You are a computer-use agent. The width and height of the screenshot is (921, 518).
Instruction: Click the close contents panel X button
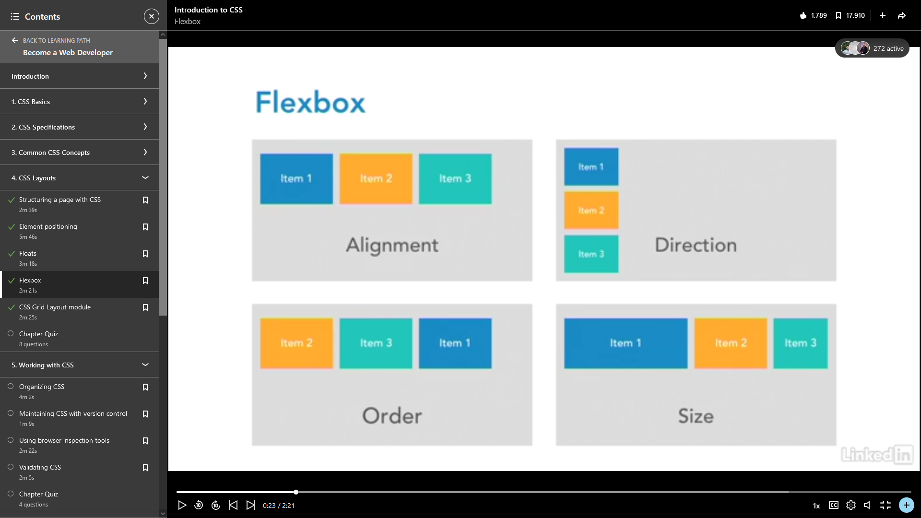pyautogui.click(x=151, y=16)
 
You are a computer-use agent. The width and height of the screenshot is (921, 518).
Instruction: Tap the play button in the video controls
pyautogui.click(x=182, y=505)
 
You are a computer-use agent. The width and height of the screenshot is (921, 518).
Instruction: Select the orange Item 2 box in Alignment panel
pyautogui.click(x=376, y=179)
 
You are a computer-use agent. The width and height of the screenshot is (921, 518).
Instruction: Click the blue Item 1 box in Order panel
pyautogui.click(x=455, y=343)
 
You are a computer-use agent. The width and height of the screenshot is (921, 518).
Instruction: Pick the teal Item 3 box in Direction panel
pyautogui.click(x=591, y=254)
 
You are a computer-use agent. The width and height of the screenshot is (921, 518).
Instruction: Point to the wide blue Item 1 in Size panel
pyautogui.click(x=626, y=343)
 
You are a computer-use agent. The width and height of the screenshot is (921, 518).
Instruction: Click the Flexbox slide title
pyautogui.click(x=310, y=102)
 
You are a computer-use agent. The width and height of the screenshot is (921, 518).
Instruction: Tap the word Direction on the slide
pyautogui.click(x=696, y=245)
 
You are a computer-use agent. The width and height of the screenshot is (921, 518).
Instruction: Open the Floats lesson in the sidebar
pyautogui.click(x=28, y=253)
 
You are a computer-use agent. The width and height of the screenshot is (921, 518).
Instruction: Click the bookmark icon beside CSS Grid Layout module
pyautogui.click(x=145, y=307)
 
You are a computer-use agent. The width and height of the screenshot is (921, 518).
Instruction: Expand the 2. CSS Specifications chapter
pyautogui.click(x=79, y=127)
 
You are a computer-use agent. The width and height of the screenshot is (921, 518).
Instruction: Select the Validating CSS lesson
pyautogui.click(x=40, y=467)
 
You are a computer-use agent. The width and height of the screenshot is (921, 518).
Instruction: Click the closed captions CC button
pyautogui.click(x=834, y=505)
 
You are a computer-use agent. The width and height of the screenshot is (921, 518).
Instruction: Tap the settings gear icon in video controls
pyautogui.click(x=851, y=505)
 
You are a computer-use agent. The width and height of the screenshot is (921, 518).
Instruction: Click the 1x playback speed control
pyautogui.click(x=816, y=506)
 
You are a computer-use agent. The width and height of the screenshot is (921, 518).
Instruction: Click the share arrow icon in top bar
pyautogui.click(x=902, y=15)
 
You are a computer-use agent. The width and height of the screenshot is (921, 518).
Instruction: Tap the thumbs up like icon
pyautogui.click(x=803, y=15)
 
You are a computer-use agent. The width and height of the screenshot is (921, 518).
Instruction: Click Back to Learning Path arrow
pyautogui.click(x=15, y=40)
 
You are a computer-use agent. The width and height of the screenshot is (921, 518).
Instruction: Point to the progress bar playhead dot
pyautogui.click(x=296, y=492)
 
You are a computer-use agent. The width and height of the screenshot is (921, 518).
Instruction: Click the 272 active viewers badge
pyautogui.click(x=872, y=48)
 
